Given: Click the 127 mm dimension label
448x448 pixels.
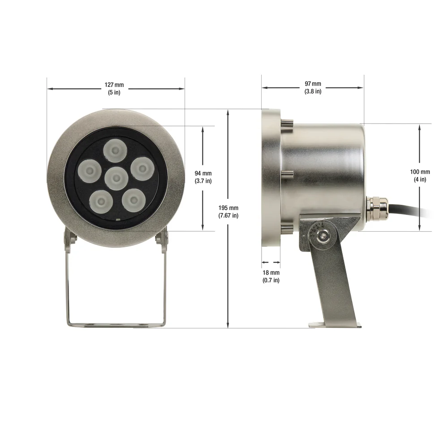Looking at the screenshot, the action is (x=114, y=89).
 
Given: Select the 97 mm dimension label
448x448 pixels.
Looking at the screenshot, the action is (x=313, y=87).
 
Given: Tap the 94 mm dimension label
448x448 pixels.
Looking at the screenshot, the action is (x=203, y=177).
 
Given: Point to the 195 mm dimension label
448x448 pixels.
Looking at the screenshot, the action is (x=228, y=211).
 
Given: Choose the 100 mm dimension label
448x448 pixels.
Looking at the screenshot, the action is (x=420, y=176).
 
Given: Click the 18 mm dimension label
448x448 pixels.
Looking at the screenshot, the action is (x=271, y=276).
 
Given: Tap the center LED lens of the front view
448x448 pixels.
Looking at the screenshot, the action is (x=116, y=178).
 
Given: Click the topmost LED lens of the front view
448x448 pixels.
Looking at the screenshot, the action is (x=115, y=151).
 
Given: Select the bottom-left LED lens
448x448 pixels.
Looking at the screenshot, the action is (x=101, y=202).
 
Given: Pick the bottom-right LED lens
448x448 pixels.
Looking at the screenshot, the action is (x=134, y=200).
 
